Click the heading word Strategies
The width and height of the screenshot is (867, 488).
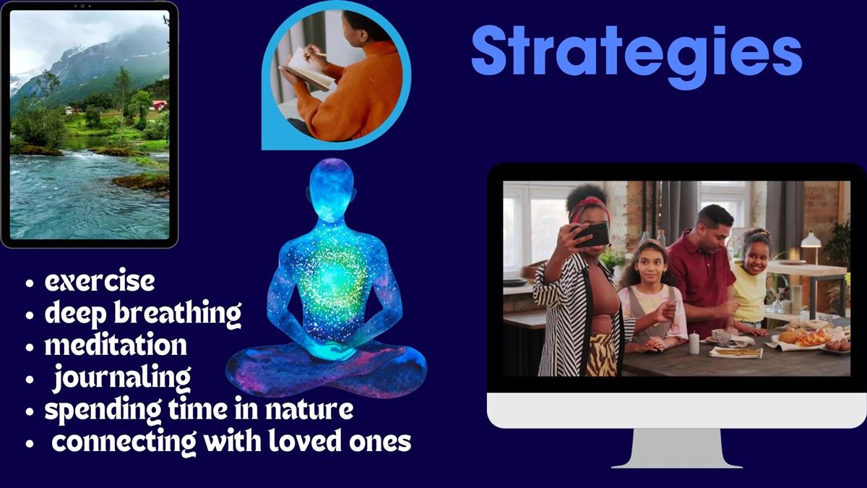637,56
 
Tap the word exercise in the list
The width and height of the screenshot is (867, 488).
100,281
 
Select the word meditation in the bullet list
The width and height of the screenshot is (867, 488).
116,344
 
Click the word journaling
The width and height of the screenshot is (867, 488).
122,378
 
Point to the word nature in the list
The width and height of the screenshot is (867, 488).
309,409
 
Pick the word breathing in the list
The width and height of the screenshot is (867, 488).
178,314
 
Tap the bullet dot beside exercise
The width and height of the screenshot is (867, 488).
30,283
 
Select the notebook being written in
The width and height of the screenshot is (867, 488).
306,69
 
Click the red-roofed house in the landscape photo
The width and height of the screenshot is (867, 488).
160,105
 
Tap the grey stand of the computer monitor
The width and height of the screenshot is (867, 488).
676,448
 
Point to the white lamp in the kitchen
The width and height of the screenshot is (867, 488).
811,240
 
